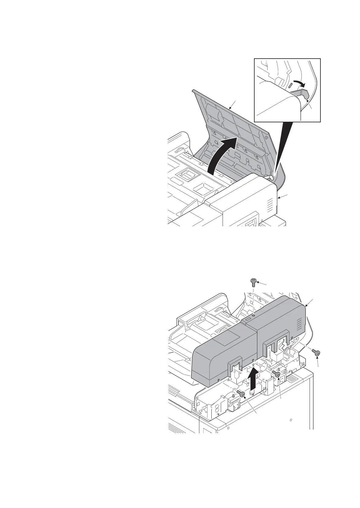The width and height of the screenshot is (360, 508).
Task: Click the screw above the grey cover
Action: (x=253, y=283)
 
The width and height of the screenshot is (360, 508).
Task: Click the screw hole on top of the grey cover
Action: (x=253, y=315)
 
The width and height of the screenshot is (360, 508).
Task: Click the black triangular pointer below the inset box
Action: (x=282, y=145)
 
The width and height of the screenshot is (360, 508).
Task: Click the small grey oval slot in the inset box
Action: (x=289, y=85)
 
